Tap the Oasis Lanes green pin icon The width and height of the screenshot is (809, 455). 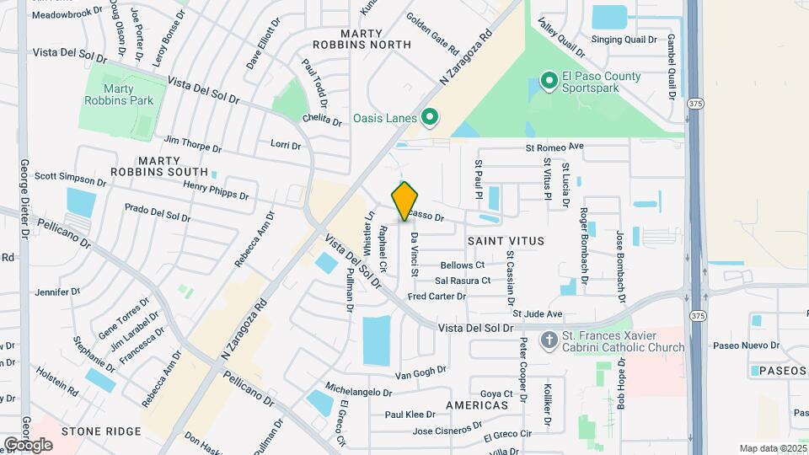pyautogui.click(x=429, y=118)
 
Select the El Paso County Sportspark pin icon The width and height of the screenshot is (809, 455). pyautogui.click(x=549, y=82)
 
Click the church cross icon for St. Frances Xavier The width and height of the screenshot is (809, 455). pyautogui.click(x=549, y=341)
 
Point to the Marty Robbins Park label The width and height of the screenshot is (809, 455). pyautogui.click(x=120, y=94)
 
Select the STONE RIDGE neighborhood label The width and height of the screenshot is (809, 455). pyautogui.click(x=101, y=431)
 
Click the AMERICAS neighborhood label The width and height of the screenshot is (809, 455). pyautogui.click(x=476, y=405)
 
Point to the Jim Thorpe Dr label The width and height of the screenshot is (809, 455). pyautogui.click(x=193, y=144)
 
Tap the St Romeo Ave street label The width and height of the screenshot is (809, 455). pyautogui.click(x=555, y=147)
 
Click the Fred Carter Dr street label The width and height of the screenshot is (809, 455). pyautogui.click(x=436, y=297)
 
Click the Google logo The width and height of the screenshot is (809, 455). pyautogui.click(x=28, y=444)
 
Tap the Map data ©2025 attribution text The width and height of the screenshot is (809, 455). pyautogui.click(x=772, y=448)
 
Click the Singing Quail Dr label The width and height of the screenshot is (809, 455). pyautogui.click(x=624, y=39)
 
